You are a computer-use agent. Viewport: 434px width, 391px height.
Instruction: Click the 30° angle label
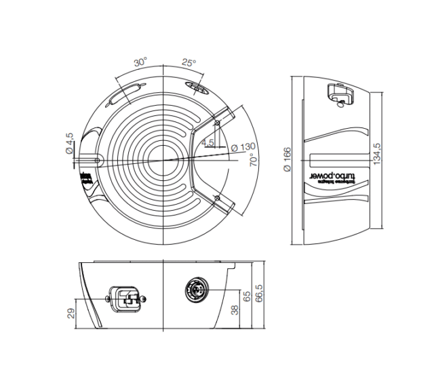click(x=140, y=62)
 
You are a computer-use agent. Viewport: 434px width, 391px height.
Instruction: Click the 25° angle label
click(x=189, y=62)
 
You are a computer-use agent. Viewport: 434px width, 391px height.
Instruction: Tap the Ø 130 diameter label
click(x=243, y=147)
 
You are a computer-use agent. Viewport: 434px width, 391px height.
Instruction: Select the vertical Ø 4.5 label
click(x=69, y=144)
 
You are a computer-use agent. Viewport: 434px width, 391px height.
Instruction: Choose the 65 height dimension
click(x=246, y=296)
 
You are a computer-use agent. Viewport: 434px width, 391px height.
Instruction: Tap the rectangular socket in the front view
click(x=126, y=297)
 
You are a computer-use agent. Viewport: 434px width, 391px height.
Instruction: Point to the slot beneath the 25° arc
click(x=196, y=88)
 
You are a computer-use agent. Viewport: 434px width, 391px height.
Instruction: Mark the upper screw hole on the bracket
click(x=217, y=123)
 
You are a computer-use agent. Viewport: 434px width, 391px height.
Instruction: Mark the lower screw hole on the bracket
click(x=216, y=197)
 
